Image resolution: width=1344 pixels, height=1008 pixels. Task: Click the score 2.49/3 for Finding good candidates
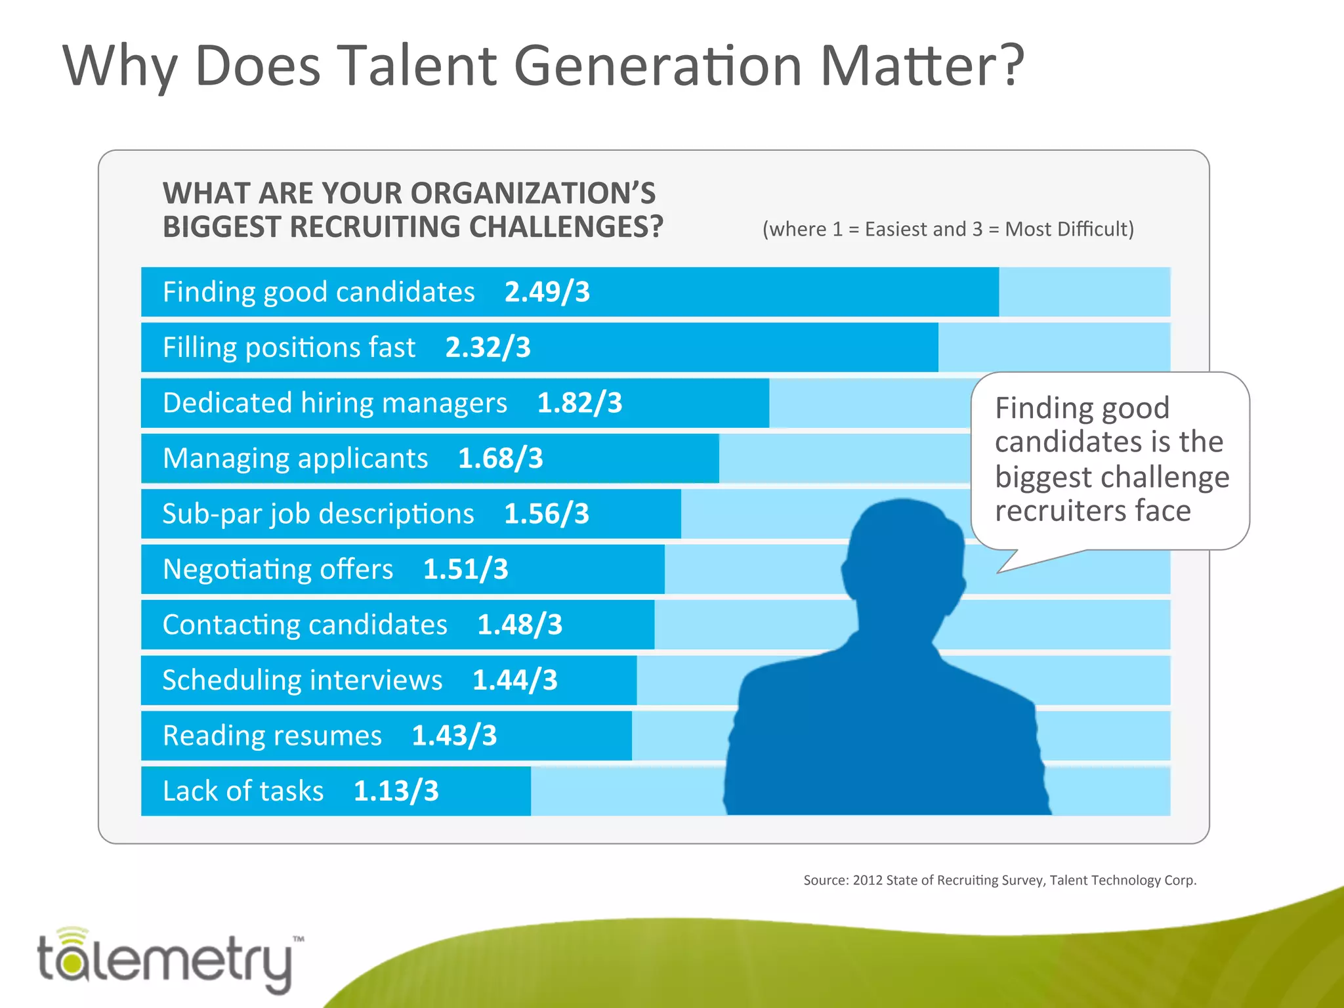tap(547, 292)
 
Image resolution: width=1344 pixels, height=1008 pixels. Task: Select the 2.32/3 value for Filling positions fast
tap(488, 348)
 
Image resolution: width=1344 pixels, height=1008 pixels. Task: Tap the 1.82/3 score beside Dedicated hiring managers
tap(579, 403)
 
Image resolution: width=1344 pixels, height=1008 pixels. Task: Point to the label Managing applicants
tap(295, 459)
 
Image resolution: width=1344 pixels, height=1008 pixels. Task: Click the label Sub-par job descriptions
tap(318, 514)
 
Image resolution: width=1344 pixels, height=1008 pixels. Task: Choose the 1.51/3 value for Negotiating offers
tap(465, 570)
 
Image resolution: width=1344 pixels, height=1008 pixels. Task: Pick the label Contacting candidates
tap(305, 625)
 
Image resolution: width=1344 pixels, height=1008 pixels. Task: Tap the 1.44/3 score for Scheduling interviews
tap(514, 681)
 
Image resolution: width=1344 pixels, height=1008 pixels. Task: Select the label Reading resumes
tap(272, 736)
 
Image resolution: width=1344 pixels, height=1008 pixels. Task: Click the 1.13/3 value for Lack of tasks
tap(396, 791)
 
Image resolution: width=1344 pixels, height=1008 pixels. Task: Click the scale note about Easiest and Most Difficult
tap(948, 229)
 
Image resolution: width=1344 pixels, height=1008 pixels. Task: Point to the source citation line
tap(999, 880)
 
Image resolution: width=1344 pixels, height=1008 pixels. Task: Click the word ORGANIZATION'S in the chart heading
tap(533, 194)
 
